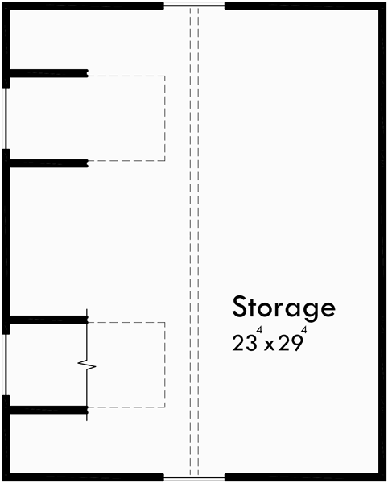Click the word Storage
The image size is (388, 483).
(x=283, y=307)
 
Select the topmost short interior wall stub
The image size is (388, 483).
(x=47, y=74)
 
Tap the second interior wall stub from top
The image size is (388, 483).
(x=47, y=163)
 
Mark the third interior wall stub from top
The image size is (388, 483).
(x=47, y=320)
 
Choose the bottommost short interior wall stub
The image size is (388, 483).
(x=47, y=409)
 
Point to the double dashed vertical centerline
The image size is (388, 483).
(x=194, y=242)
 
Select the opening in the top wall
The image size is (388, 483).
(x=194, y=5)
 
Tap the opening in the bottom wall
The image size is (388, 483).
(x=194, y=477)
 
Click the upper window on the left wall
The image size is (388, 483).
(x=6, y=118)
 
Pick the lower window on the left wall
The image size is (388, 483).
(x=6, y=364)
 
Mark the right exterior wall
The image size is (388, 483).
(x=382, y=242)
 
